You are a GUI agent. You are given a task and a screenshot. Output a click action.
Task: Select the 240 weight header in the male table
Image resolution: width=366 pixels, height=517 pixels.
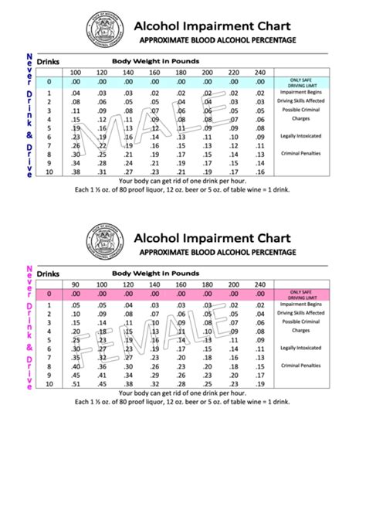(260, 72)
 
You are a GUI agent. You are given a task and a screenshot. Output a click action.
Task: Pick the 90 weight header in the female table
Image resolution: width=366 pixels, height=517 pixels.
(75, 285)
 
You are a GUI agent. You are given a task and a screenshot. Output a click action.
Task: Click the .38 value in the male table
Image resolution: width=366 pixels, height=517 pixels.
(75, 163)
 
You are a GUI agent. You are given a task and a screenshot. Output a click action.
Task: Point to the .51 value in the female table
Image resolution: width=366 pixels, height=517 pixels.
(75, 384)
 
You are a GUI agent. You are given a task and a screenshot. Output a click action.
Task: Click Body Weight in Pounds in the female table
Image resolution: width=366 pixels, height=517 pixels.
(155, 274)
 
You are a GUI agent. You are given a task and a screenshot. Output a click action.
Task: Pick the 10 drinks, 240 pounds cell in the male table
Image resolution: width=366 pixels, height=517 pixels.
(260, 172)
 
